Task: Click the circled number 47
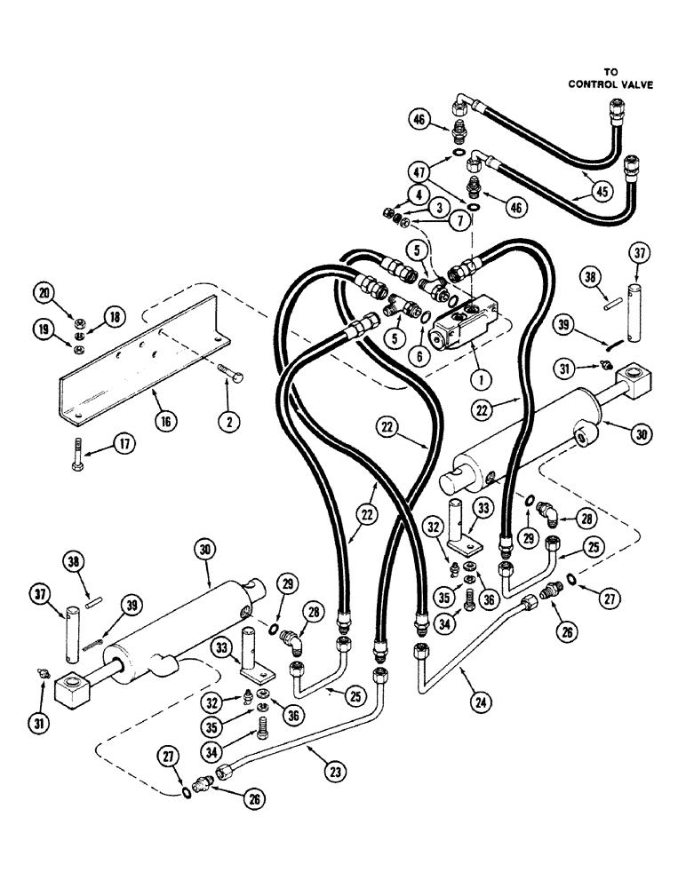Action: (419, 171)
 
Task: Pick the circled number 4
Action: (419, 195)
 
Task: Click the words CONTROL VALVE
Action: (611, 85)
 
